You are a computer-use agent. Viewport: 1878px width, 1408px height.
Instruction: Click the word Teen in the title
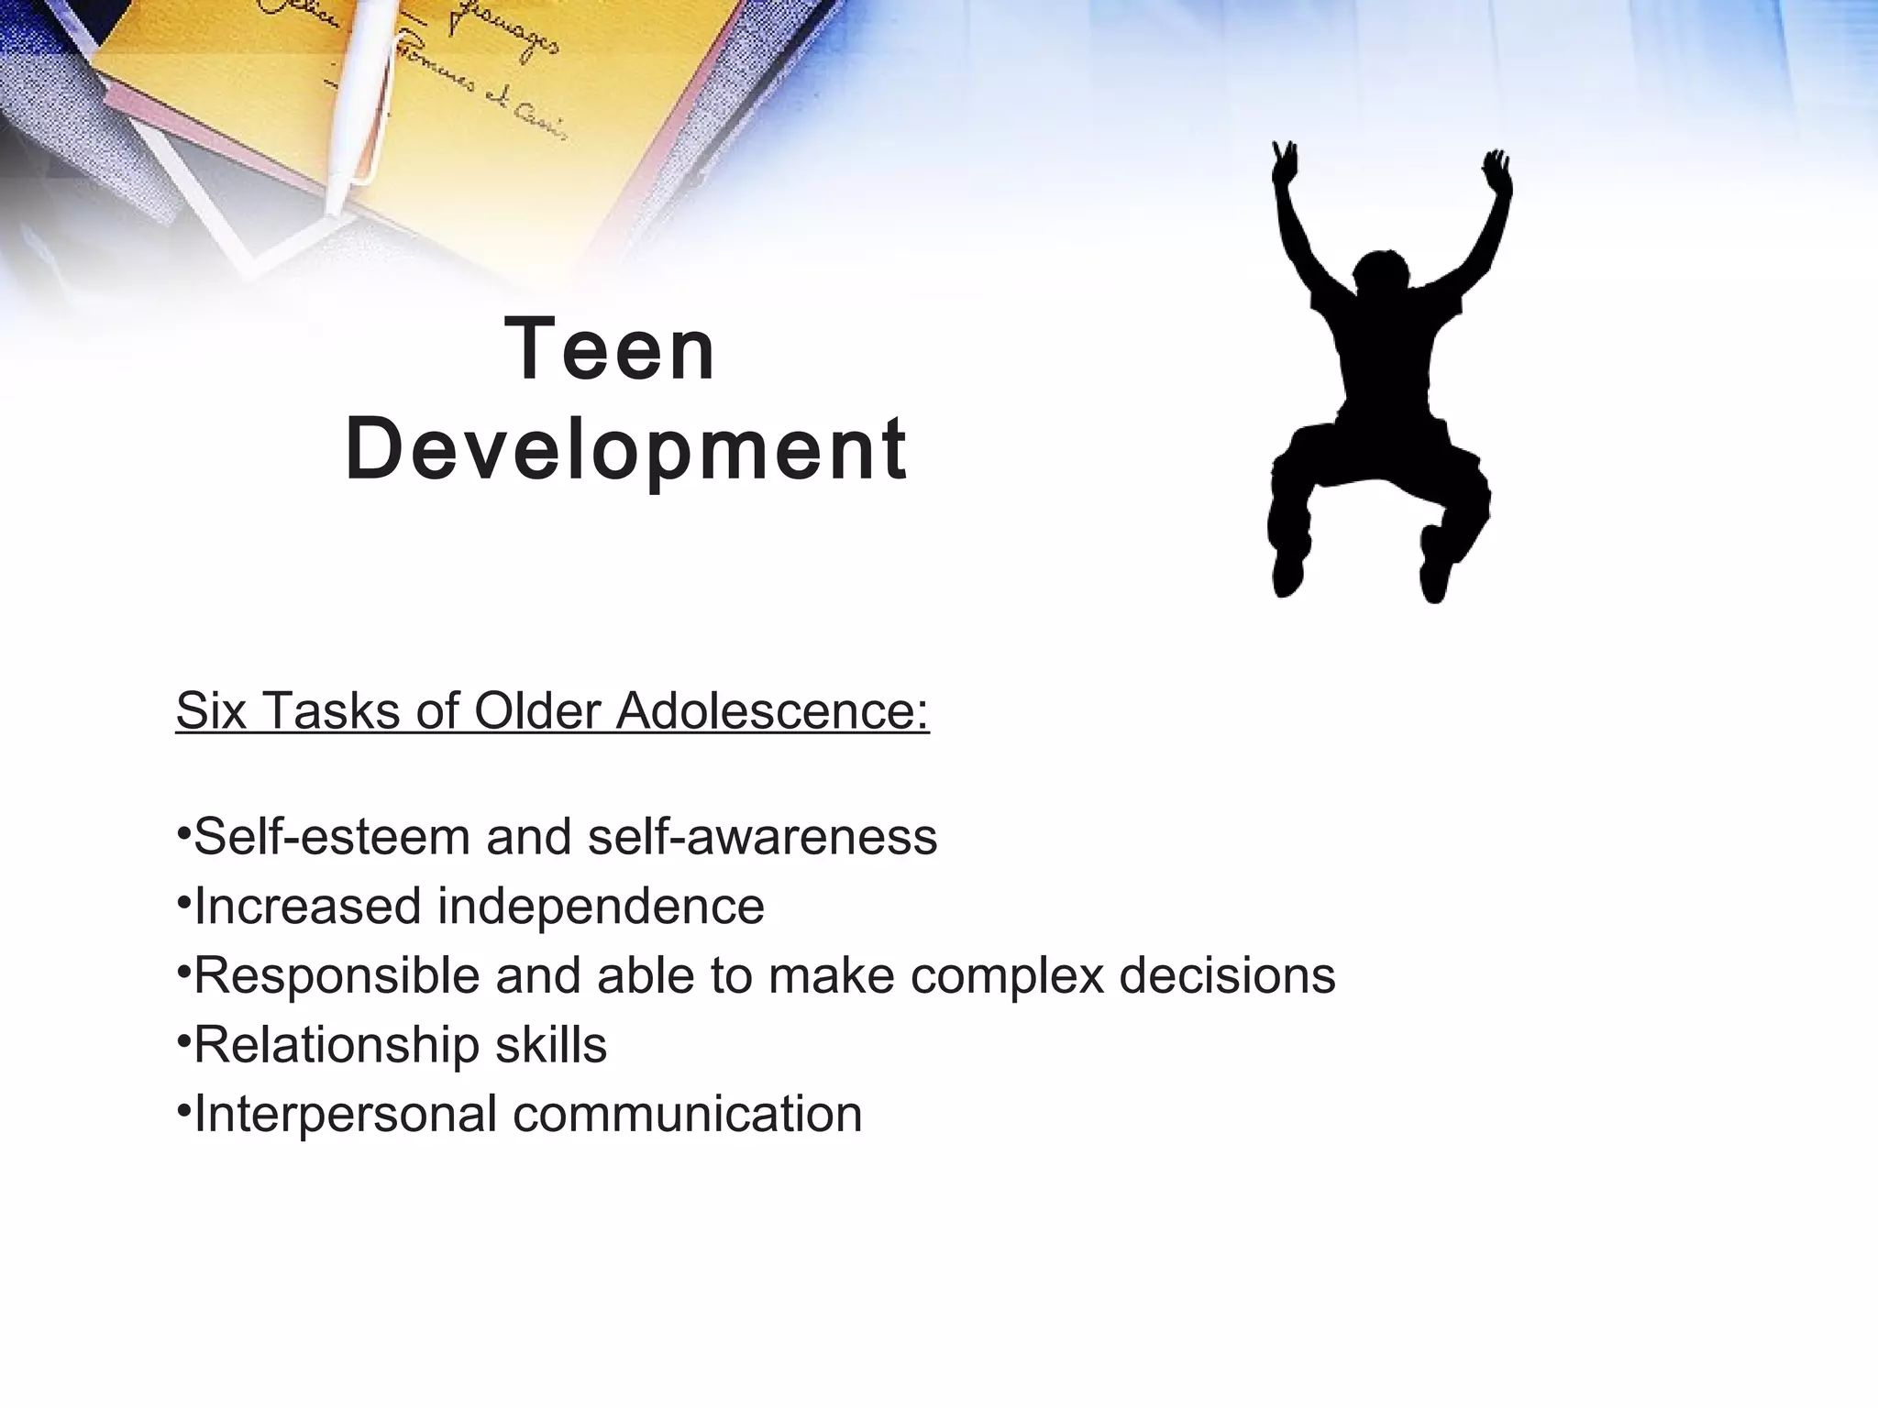pyautogui.click(x=610, y=349)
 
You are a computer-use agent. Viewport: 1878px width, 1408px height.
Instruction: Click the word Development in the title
pyautogui.click(x=626, y=450)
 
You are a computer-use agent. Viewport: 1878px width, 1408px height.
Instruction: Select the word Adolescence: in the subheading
pyautogui.click(x=772, y=710)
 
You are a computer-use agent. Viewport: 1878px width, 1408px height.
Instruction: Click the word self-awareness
pyautogui.click(x=762, y=837)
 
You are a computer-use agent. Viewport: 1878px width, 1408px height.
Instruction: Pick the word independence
pyautogui.click(x=601, y=907)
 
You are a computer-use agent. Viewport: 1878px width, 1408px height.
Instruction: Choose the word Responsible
pyautogui.click(x=337, y=975)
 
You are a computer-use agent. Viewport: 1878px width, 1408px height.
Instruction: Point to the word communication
pyautogui.click(x=687, y=1115)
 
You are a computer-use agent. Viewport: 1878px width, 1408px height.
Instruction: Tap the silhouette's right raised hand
pyautogui.click(x=1497, y=169)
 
